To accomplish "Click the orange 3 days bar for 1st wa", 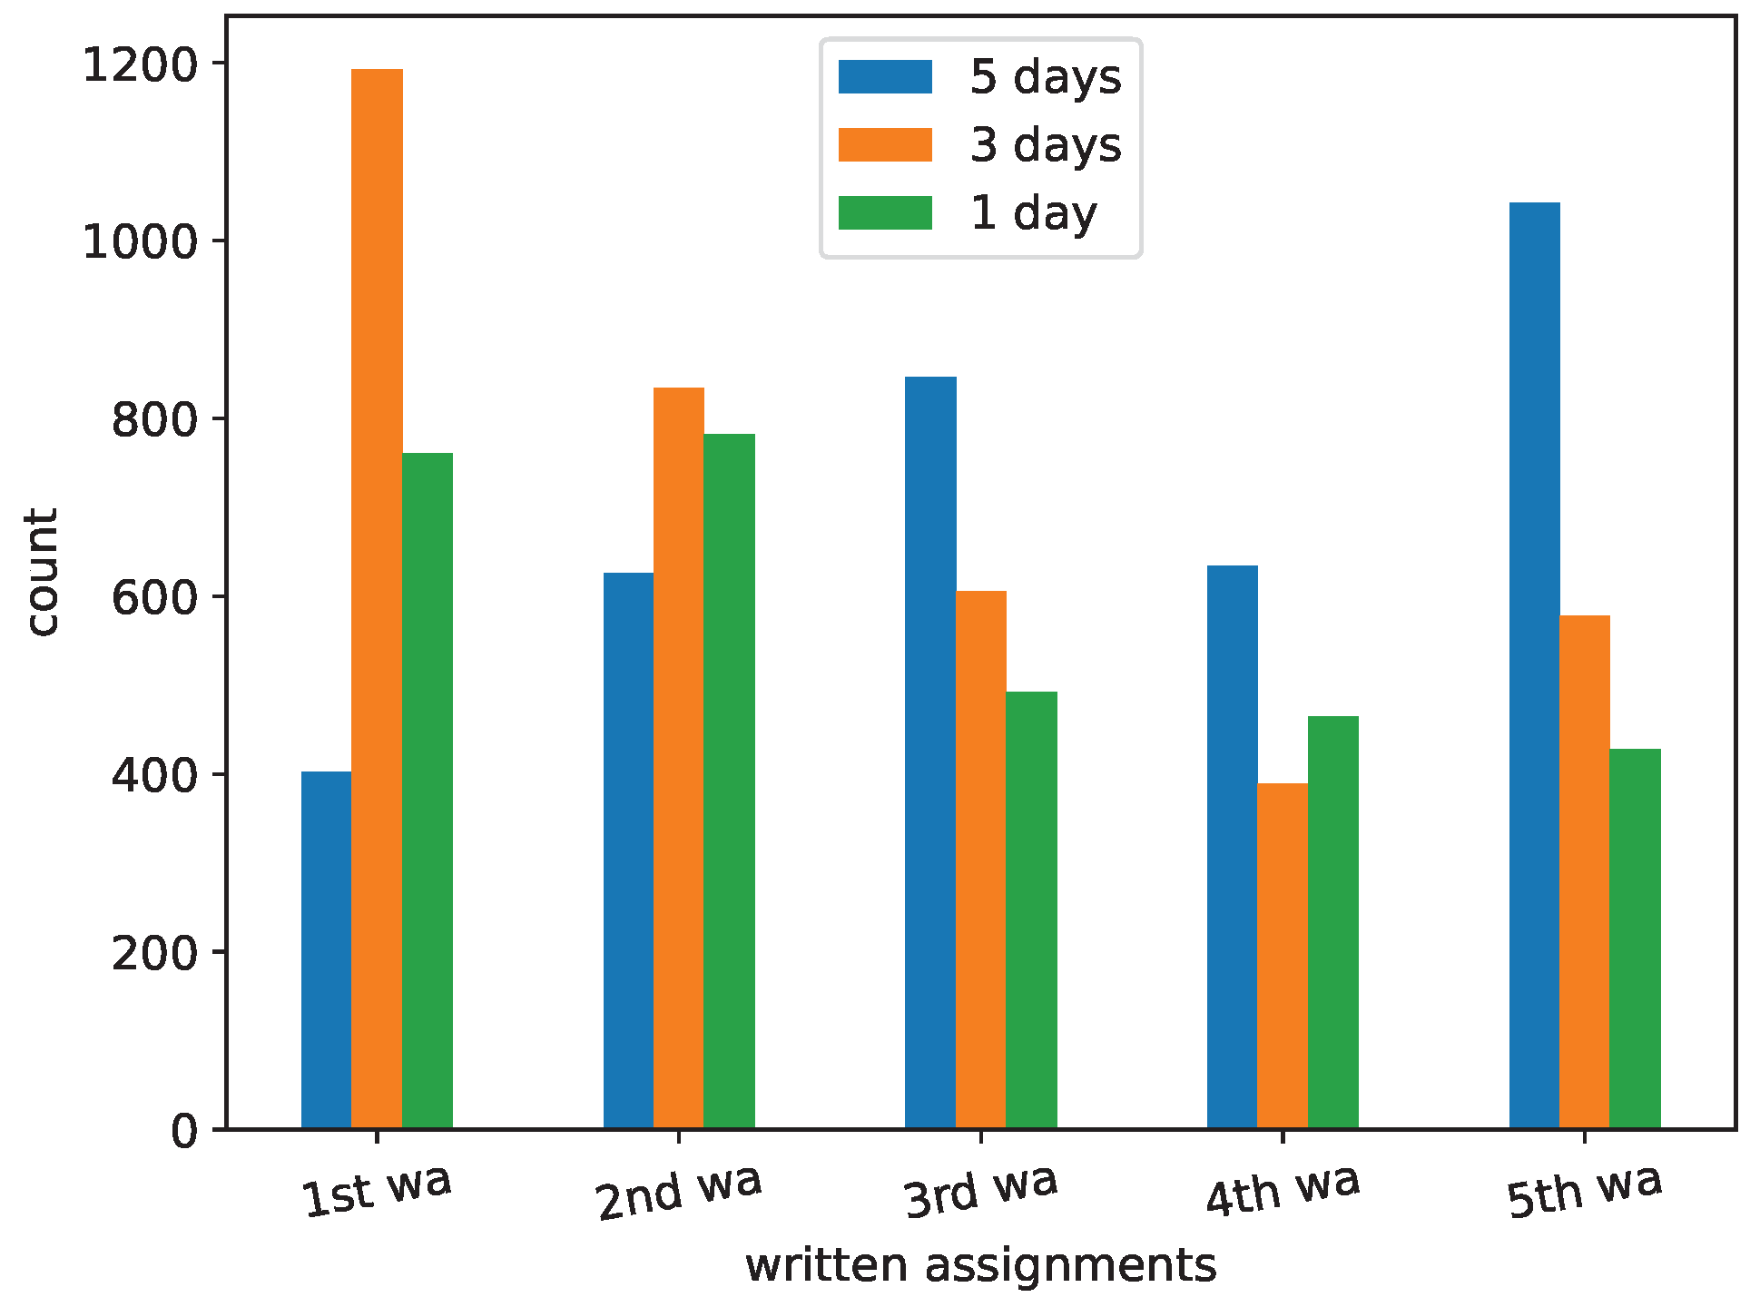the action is coord(377,599).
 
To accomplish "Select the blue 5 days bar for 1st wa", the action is coord(327,950).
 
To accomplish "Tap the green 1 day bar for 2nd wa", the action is coord(729,781).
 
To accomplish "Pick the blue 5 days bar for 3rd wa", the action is coord(930,752).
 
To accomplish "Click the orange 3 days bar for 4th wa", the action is coord(1283,956).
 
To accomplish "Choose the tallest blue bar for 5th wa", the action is coord(1535,665).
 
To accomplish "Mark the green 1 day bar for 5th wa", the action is coord(1636,938).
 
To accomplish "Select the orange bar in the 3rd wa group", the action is coord(981,860).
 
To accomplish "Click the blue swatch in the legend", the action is coord(885,77).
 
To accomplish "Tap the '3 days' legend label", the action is coord(1046,145).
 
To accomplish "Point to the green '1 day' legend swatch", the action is coord(885,213).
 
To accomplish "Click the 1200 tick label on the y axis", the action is coord(140,65).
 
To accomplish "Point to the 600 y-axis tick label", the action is coord(154,598).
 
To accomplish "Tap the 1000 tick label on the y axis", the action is coord(140,242).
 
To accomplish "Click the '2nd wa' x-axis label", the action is coord(679,1192).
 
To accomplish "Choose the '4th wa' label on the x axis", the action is coord(1283,1189).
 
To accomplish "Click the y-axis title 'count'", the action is coord(42,572).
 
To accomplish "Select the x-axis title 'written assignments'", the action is coord(980,1265).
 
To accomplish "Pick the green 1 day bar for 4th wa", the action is coord(1333,922).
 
